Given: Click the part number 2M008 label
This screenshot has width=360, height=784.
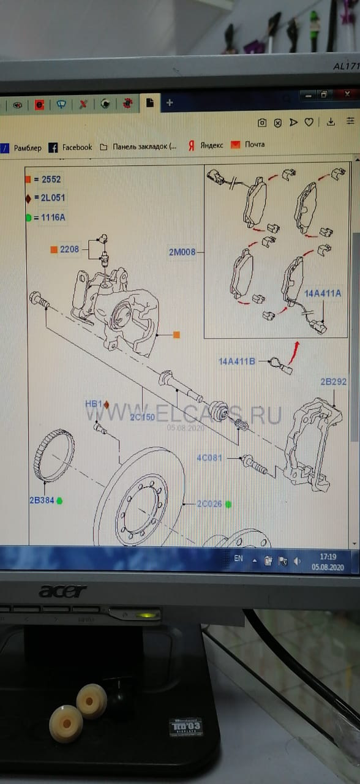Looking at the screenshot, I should click(182, 251).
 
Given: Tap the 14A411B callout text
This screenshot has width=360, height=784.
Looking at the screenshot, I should click(236, 361).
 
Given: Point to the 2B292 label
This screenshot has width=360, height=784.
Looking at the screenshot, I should click(333, 382).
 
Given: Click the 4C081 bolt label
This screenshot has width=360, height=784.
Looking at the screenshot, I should click(209, 458).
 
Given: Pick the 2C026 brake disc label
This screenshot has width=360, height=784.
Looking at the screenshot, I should click(210, 503).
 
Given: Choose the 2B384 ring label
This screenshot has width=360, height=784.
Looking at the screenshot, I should click(42, 500).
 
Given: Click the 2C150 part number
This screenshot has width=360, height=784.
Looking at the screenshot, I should click(141, 417).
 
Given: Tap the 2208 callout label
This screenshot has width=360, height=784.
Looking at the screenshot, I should click(69, 249).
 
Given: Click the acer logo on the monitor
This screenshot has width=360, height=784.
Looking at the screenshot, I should click(62, 591).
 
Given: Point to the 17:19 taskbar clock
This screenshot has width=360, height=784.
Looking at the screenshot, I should click(328, 557).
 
